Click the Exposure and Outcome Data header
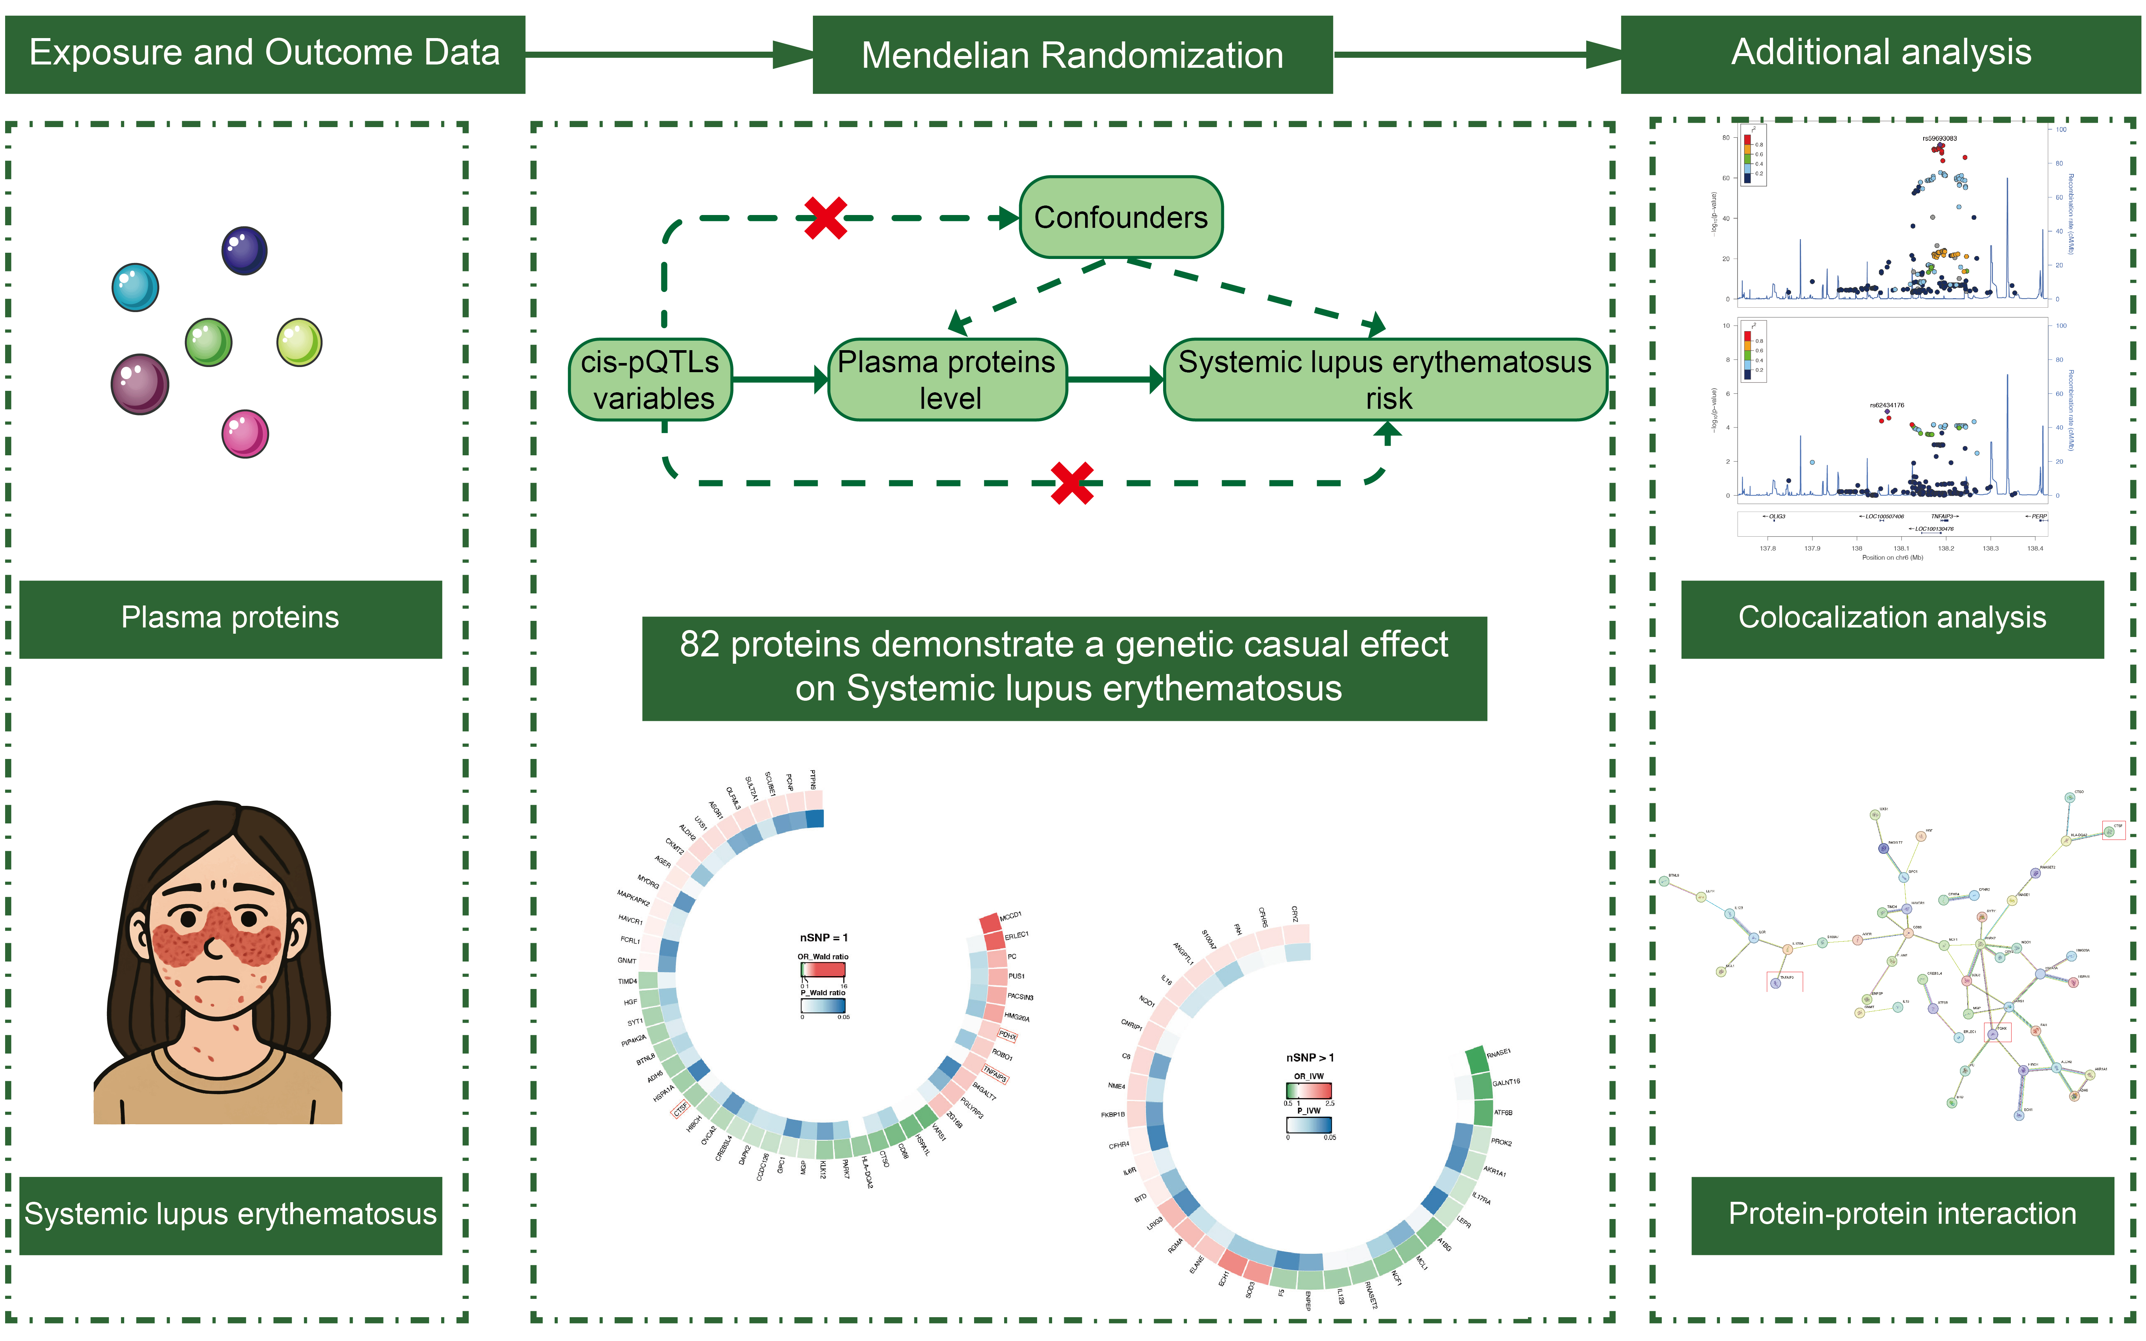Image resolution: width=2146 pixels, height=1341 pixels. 264,53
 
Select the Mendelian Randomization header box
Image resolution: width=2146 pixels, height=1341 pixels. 1072,55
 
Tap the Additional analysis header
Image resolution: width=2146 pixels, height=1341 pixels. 1880,53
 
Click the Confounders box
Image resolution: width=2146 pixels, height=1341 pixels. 1121,217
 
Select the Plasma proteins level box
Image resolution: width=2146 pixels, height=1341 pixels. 947,379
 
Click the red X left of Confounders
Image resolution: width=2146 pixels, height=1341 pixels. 825,218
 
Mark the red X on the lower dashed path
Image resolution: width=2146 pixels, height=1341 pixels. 1071,484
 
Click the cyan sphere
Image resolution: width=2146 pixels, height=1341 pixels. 135,287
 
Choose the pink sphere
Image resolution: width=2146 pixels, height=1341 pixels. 245,434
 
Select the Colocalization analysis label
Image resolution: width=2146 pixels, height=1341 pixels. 1891,618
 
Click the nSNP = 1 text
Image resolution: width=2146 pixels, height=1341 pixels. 824,937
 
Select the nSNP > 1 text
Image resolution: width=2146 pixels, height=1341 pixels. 1310,1057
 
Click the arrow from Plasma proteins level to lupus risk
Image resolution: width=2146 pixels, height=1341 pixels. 1115,379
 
